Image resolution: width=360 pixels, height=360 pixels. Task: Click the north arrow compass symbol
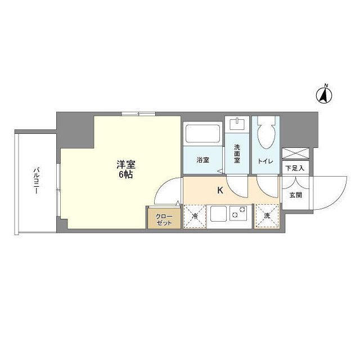pyautogui.click(x=325, y=94)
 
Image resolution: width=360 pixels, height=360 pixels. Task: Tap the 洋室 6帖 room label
pyautogui.click(x=124, y=169)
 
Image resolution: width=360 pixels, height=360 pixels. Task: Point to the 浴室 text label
pyautogui.click(x=202, y=160)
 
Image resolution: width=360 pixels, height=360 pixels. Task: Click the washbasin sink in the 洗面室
pyautogui.click(x=237, y=123)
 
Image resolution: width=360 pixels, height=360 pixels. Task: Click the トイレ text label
pyautogui.click(x=265, y=161)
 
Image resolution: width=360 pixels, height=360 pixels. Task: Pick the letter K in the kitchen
pyautogui.click(x=220, y=190)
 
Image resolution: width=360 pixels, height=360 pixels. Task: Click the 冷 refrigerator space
pyautogui.click(x=195, y=216)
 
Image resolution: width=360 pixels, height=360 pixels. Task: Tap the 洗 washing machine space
pyautogui.click(x=267, y=216)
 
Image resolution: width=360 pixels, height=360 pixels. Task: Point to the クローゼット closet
pyautogui.click(x=164, y=218)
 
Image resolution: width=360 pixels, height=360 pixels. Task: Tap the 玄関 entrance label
pyautogui.click(x=295, y=195)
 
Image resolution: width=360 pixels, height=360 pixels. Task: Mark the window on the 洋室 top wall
pyautogui.click(x=138, y=114)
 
